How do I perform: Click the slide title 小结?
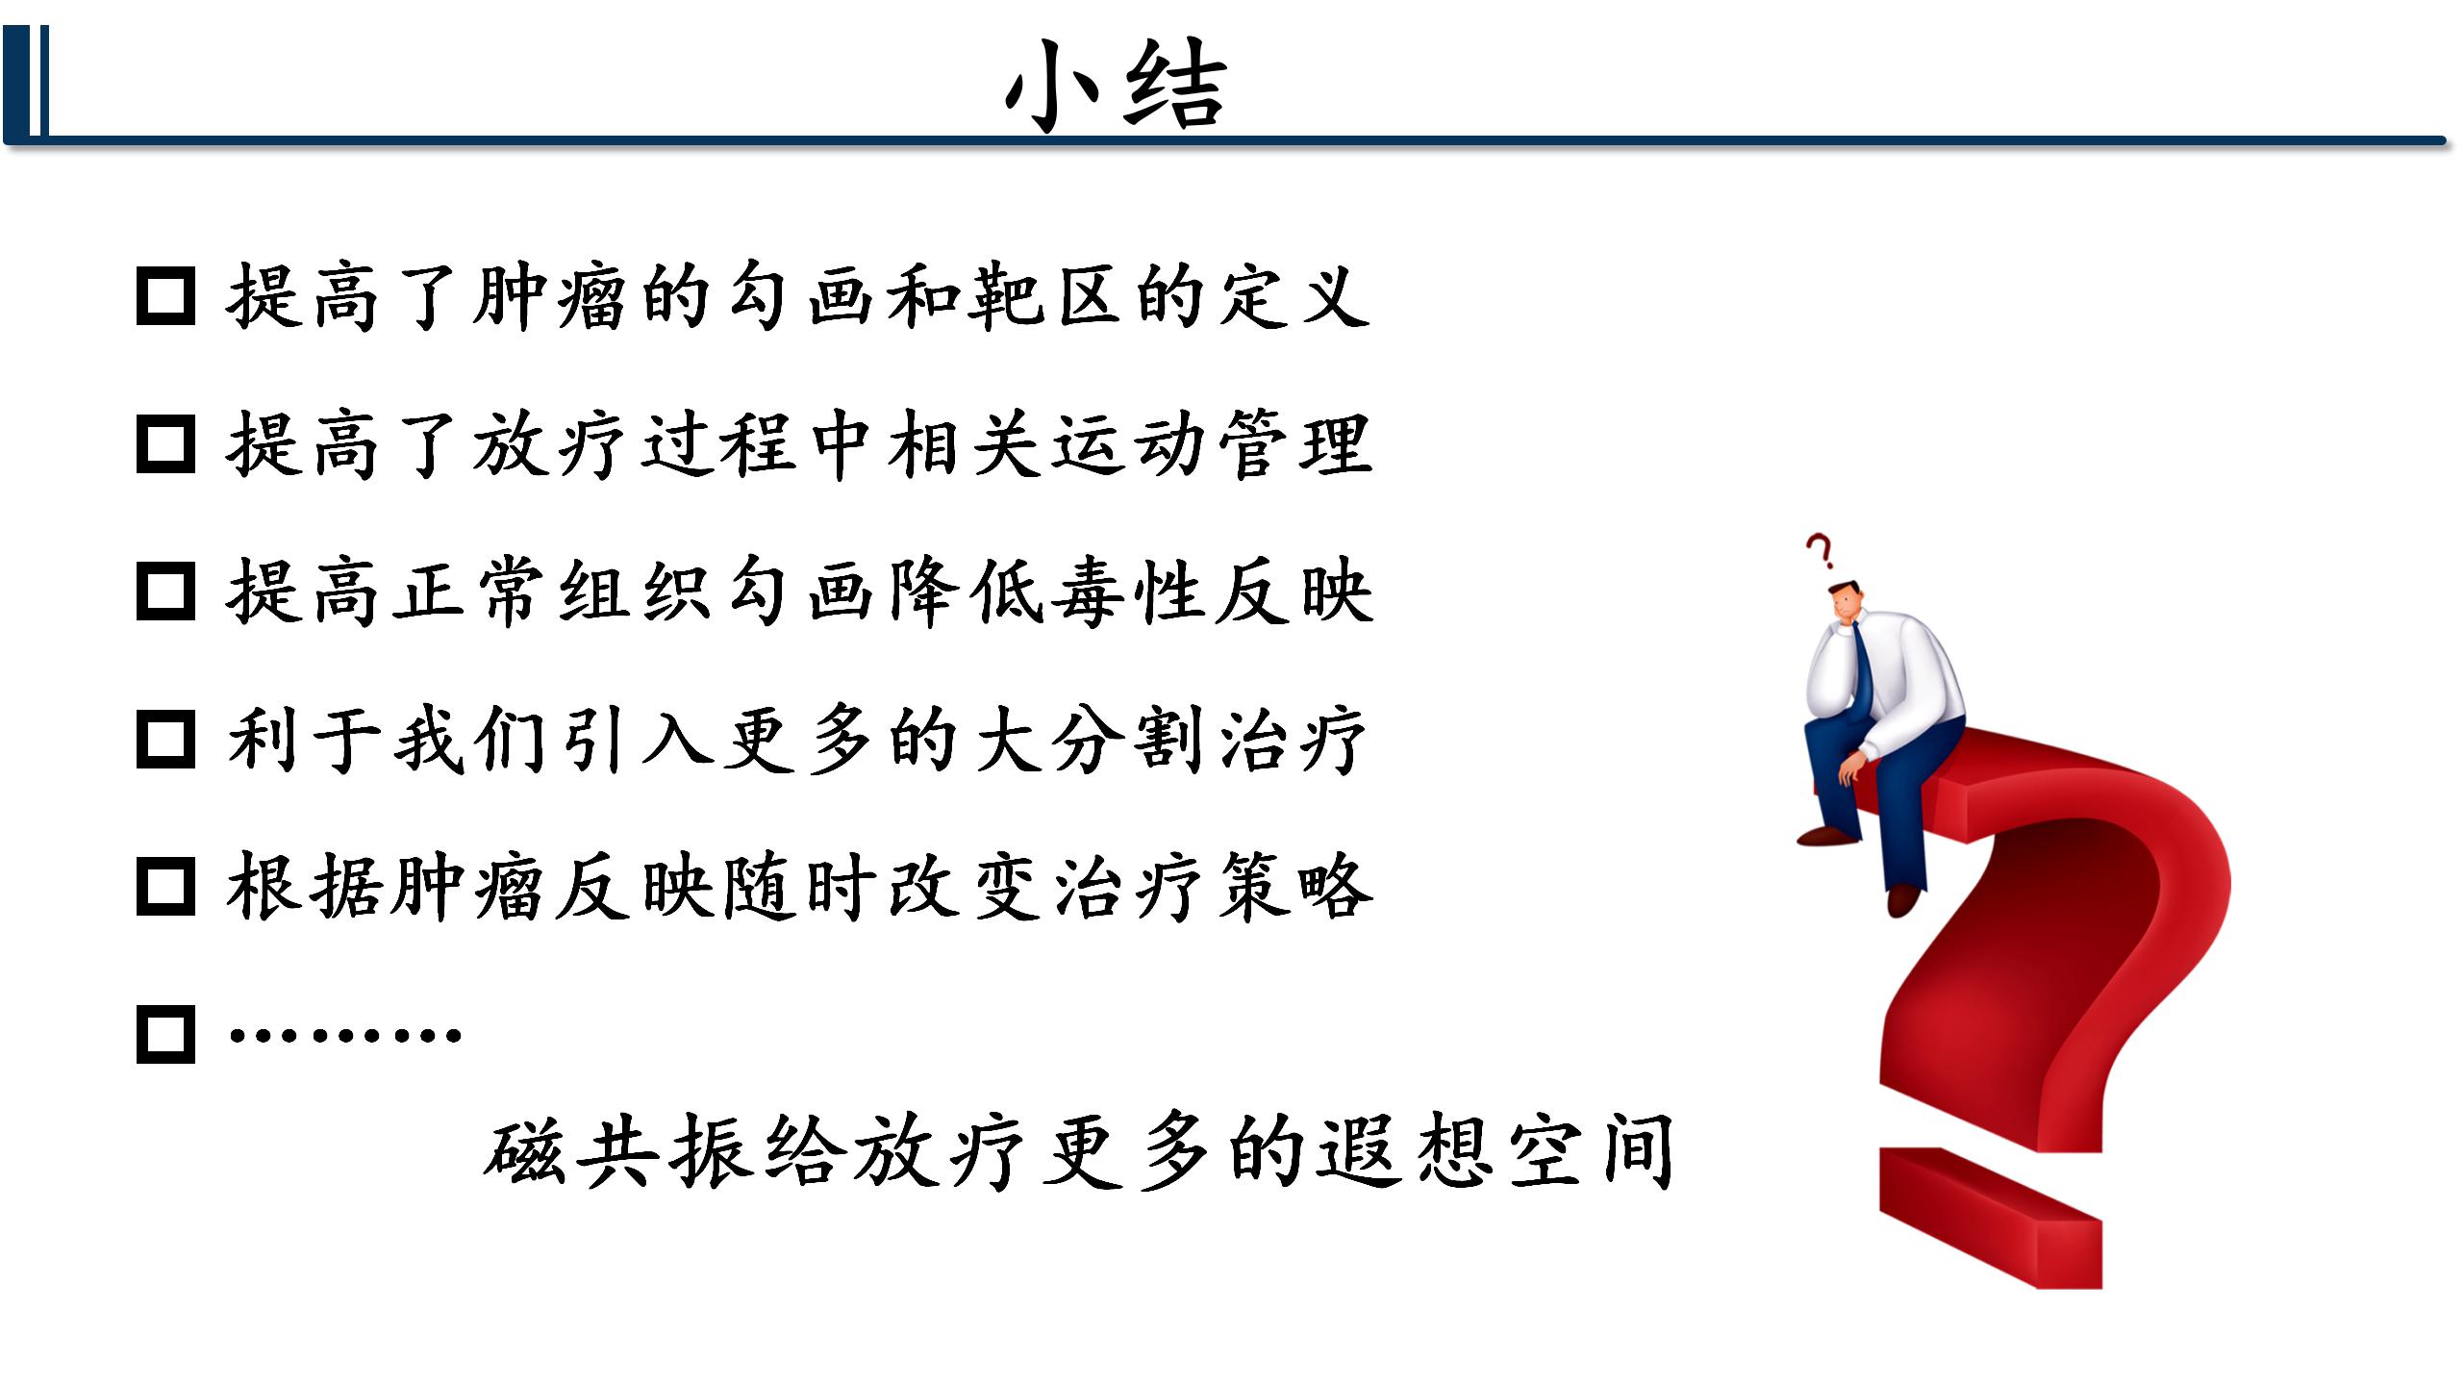(1116, 86)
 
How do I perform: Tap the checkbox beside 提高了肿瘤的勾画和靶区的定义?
(166, 296)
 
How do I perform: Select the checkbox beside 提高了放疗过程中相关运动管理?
(166, 444)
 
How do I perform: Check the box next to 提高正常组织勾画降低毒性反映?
(166, 592)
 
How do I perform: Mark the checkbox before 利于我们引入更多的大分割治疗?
(166, 740)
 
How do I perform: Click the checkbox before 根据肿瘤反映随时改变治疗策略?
(166, 887)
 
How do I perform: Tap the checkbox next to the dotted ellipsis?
(166, 1035)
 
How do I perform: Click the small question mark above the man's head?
(1819, 552)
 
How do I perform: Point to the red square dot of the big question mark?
(1992, 1218)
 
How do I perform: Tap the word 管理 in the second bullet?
(1296, 444)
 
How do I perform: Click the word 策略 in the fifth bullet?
(1296, 887)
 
